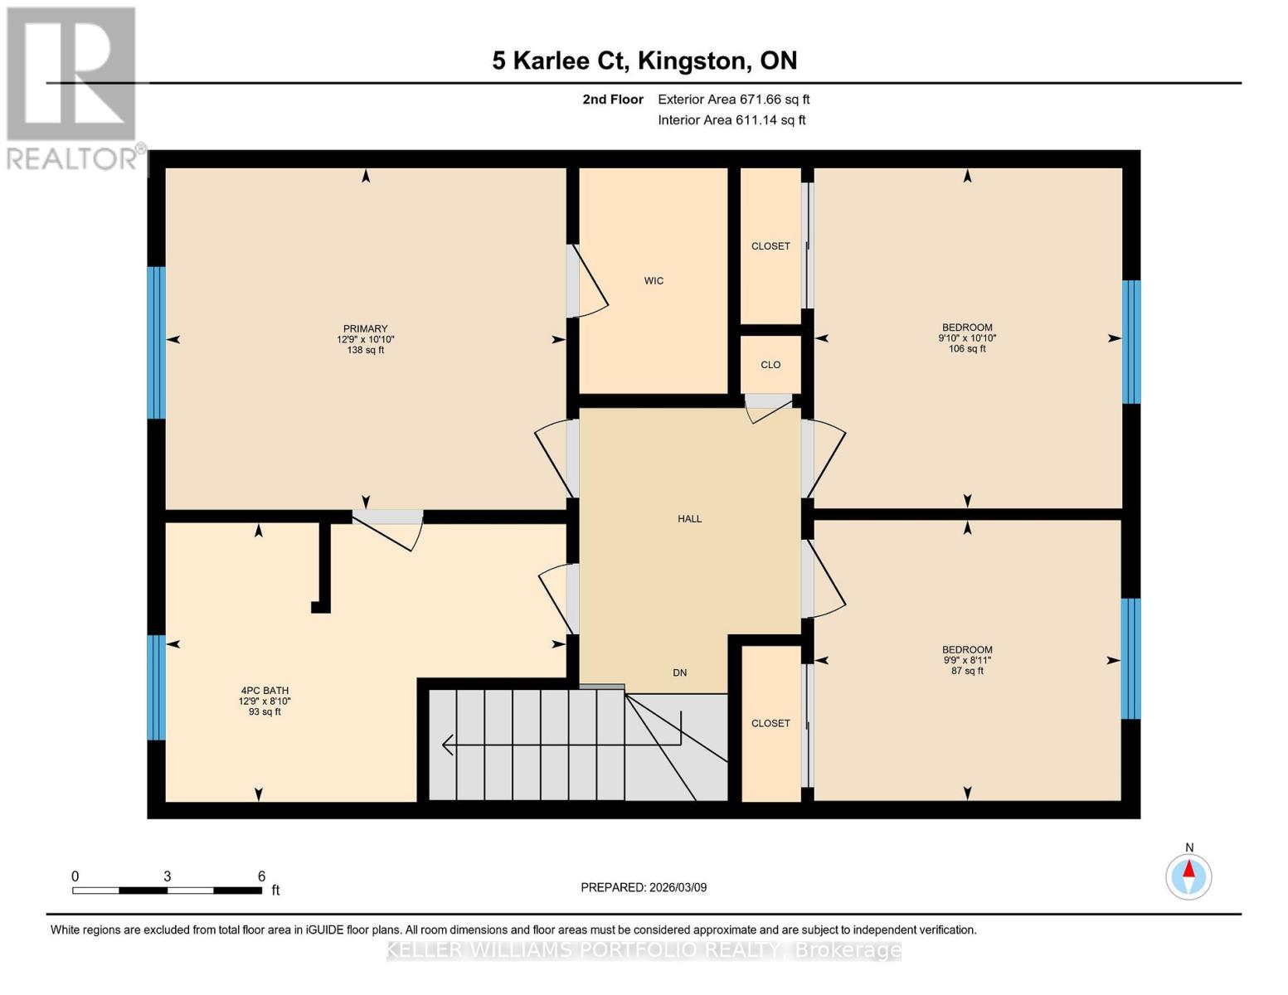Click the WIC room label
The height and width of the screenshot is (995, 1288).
tap(654, 280)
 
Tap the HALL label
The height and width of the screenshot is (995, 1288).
tap(689, 518)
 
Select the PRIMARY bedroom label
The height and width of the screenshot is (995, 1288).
tap(365, 328)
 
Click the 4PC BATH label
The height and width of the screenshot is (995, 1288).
tap(265, 690)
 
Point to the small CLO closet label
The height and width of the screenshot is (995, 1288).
tap(770, 365)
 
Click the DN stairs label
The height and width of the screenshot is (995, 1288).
tap(679, 672)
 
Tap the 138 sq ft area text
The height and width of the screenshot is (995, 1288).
tap(365, 350)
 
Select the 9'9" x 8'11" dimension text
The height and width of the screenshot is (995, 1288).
tap(967, 659)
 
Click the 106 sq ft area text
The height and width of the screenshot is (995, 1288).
tap(967, 348)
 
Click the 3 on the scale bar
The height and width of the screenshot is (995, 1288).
tap(168, 876)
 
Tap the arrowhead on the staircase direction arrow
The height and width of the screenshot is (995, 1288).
tap(448, 745)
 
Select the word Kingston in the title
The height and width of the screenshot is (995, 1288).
tap(691, 61)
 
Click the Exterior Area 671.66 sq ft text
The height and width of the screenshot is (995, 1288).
tap(733, 99)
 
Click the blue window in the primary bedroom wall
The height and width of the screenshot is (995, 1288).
tap(157, 342)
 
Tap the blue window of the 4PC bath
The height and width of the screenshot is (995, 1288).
tap(157, 687)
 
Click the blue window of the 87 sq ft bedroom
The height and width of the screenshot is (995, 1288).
tap(1130, 658)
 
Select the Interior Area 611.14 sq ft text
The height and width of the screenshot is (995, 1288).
tap(731, 119)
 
